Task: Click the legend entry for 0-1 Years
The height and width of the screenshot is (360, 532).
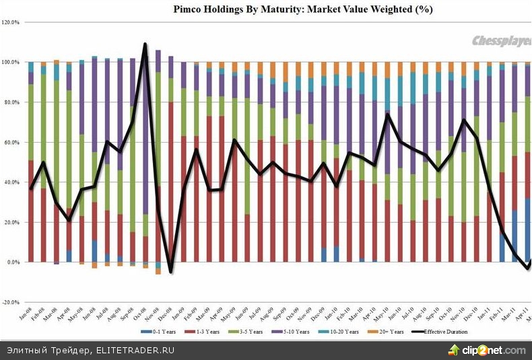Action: pyautogui.click(x=163, y=332)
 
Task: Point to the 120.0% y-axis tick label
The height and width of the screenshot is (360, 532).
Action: pyautogui.click(x=11, y=22)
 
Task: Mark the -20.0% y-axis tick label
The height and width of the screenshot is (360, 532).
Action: pyautogui.click(x=12, y=302)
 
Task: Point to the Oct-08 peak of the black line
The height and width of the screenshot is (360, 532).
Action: pyautogui.click(x=145, y=44)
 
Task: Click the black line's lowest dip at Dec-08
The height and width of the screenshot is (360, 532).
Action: pyautogui.click(x=171, y=272)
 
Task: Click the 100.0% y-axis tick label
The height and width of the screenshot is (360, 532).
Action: pyautogui.click(x=11, y=63)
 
